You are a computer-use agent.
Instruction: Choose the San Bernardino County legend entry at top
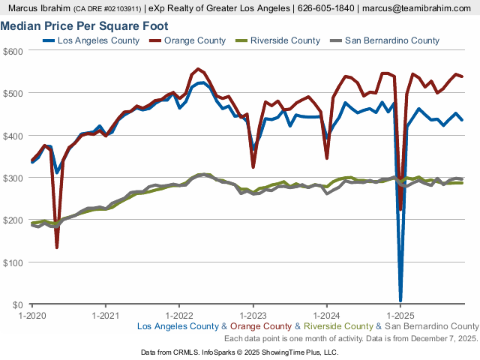[391, 40]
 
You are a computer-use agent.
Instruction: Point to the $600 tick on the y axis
[14, 51]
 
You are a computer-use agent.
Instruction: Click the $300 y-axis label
[14, 178]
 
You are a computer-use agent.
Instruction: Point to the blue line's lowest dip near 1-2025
[400, 299]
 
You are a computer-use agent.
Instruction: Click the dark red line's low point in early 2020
[57, 247]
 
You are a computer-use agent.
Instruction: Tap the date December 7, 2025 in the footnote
[443, 338]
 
